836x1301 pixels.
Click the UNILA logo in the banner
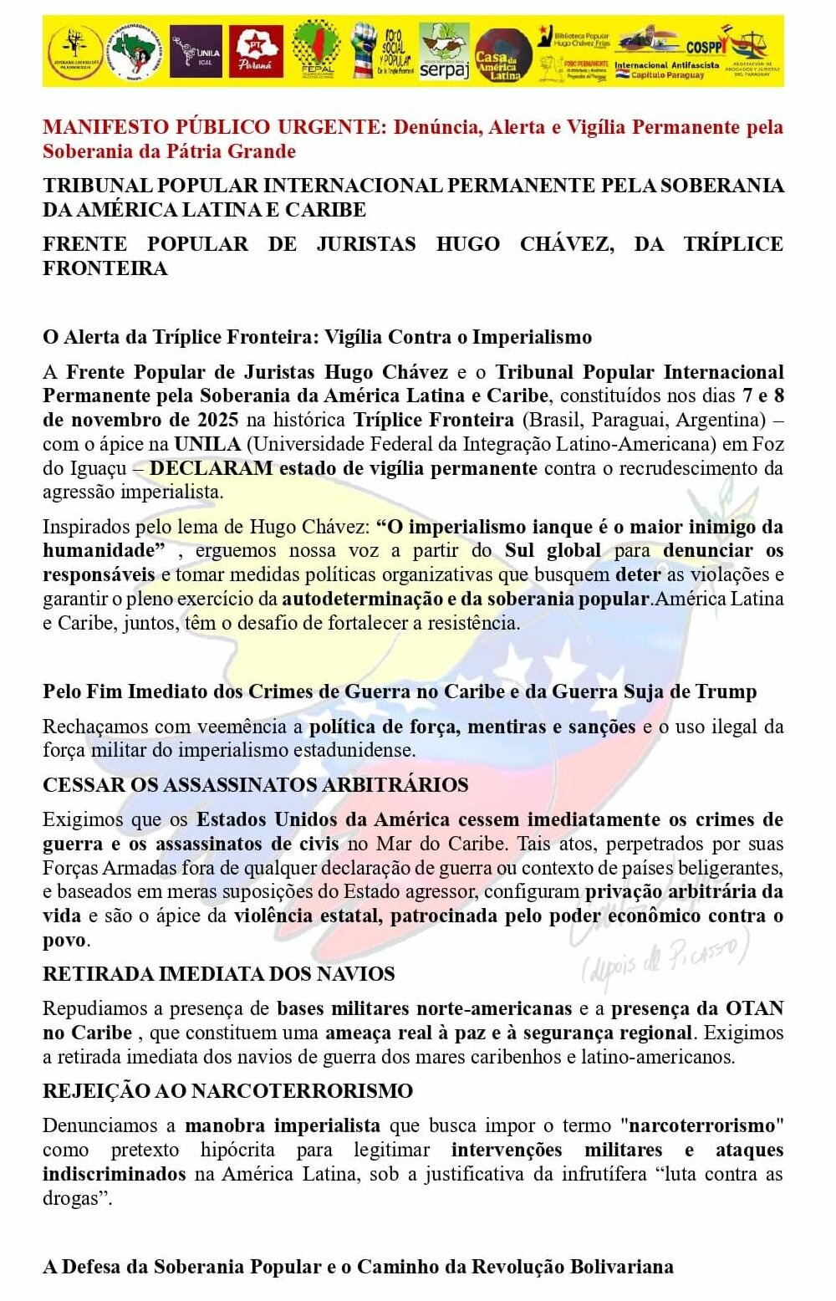[196, 52]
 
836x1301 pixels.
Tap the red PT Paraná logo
[255, 52]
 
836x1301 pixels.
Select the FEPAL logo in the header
[316, 50]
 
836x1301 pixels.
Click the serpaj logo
[444, 52]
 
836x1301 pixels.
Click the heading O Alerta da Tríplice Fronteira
[317, 337]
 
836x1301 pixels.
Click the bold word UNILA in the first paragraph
[207, 444]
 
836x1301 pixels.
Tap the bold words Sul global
[553, 550]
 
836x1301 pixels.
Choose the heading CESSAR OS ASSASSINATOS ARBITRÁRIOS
[255, 785]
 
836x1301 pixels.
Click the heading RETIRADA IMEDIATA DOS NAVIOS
[218, 974]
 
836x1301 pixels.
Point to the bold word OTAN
[754, 1008]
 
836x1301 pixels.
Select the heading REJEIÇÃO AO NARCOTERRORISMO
[227, 1091]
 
